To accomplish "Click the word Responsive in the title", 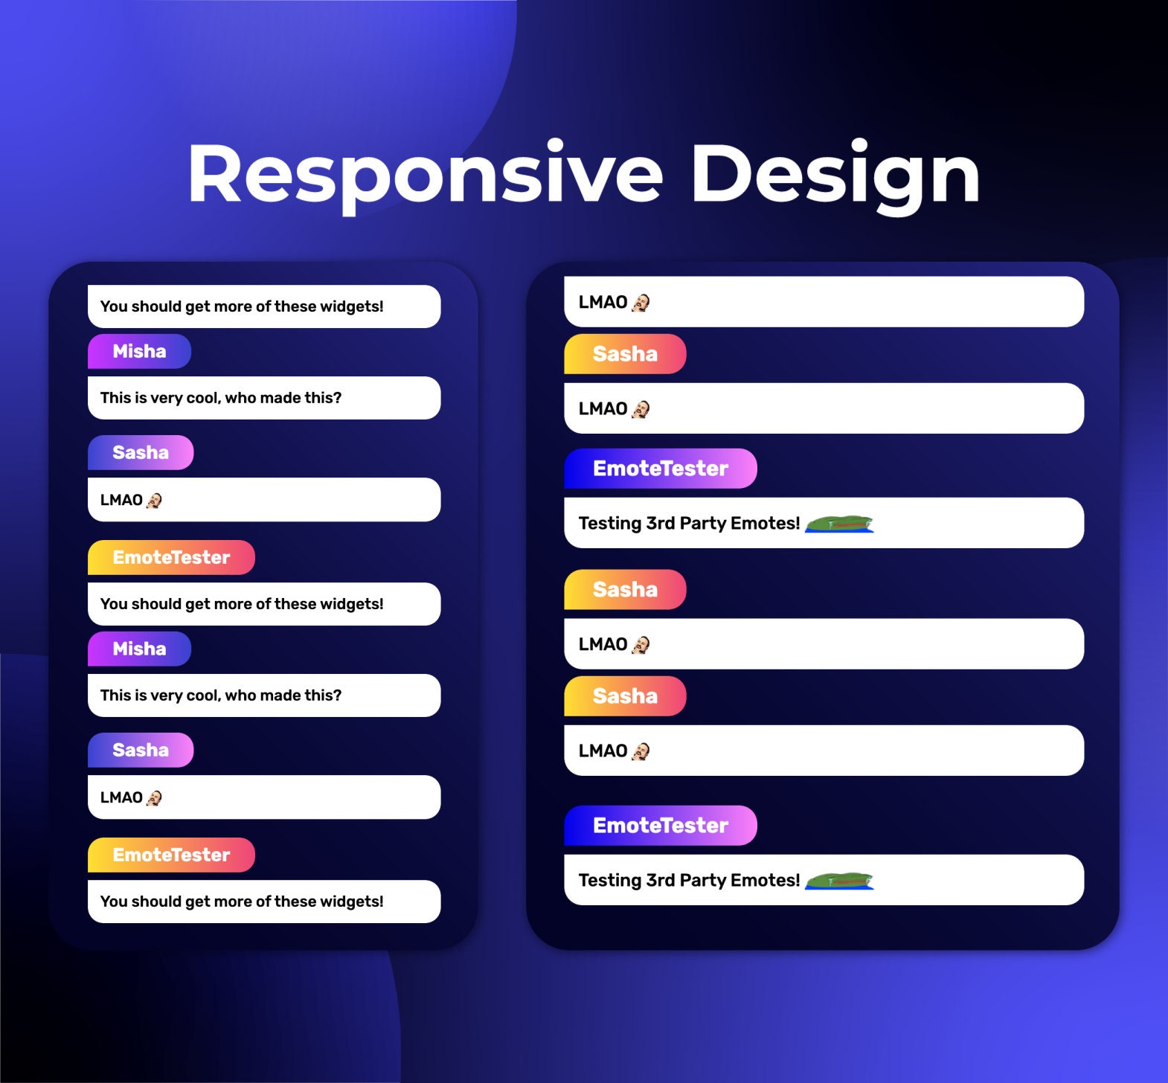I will coord(425,175).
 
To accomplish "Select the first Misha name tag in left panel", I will coord(139,351).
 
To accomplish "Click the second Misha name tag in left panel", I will coord(139,649).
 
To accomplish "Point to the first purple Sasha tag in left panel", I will coord(141,452).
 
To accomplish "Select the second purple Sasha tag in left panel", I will coord(141,750).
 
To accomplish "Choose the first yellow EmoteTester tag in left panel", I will coord(171,557).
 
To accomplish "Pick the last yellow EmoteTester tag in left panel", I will coord(171,855).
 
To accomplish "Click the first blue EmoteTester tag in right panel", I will coord(660,469).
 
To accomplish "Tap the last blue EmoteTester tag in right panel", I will coord(660,826).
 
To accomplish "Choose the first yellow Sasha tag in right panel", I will coord(625,354).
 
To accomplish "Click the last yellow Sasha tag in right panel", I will coord(625,696).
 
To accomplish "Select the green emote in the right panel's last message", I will coord(839,881).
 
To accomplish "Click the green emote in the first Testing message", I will coord(839,524).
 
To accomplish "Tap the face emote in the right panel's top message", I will coord(641,303).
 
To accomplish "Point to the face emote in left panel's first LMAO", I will coord(154,501).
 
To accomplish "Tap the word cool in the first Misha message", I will coord(202,398).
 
